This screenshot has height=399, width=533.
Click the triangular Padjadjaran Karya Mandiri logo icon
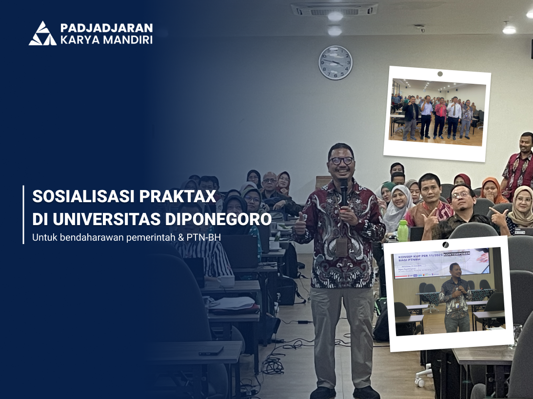pyautogui.click(x=42, y=34)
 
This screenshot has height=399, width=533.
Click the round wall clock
pyautogui.click(x=336, y=62)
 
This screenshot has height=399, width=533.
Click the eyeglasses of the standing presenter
pyautogui.click(x=341, y=160)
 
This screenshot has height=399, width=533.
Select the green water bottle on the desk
pyautogui.click(x=403, y=230)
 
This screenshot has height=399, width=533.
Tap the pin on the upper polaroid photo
pyautogui.click(x=440, y=74)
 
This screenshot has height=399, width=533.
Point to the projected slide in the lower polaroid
pyautogui.click(x=441, y=263)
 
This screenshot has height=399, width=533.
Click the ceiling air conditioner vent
pyautogui.click(x=334, y=9)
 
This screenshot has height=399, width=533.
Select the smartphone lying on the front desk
pyautogui.click(x=211, y=350)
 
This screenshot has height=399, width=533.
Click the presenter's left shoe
pyautogui.click(x=366, y=392)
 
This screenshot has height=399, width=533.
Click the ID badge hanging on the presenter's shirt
pyautogui.click(x=341, y=247)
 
